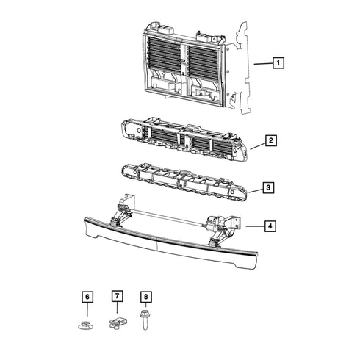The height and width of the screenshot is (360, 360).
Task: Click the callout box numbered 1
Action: click(x=278, y=63)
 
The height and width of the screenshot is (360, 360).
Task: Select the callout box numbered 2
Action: click(x=271, y=140)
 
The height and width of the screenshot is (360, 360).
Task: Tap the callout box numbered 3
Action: click(x=268, y=187)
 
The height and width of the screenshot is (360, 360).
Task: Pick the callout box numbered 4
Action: click(x=270, y=226)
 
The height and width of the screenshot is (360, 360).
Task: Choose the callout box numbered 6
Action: click(x=87, y=297)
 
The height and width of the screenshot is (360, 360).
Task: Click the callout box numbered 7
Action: click(x=117, y=296)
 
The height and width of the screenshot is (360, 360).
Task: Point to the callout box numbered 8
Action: click(x=146, y=297)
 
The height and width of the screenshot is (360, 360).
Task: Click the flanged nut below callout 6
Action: click(x=86, y=325)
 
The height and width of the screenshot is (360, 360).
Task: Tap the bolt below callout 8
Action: click(x=145, y=320)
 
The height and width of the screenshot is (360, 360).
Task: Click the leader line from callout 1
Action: click(x=263, y=64)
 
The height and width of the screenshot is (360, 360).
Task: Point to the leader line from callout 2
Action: click(x=258, y=146)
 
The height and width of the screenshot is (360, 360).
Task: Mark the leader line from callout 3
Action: click(x=256, y=191)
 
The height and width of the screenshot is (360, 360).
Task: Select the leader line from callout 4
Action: click(x=255, y=226)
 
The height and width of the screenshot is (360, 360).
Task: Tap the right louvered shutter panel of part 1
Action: click(x=203, y=61)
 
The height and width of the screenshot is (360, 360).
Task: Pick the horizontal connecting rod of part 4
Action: click(x=168, y=217)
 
